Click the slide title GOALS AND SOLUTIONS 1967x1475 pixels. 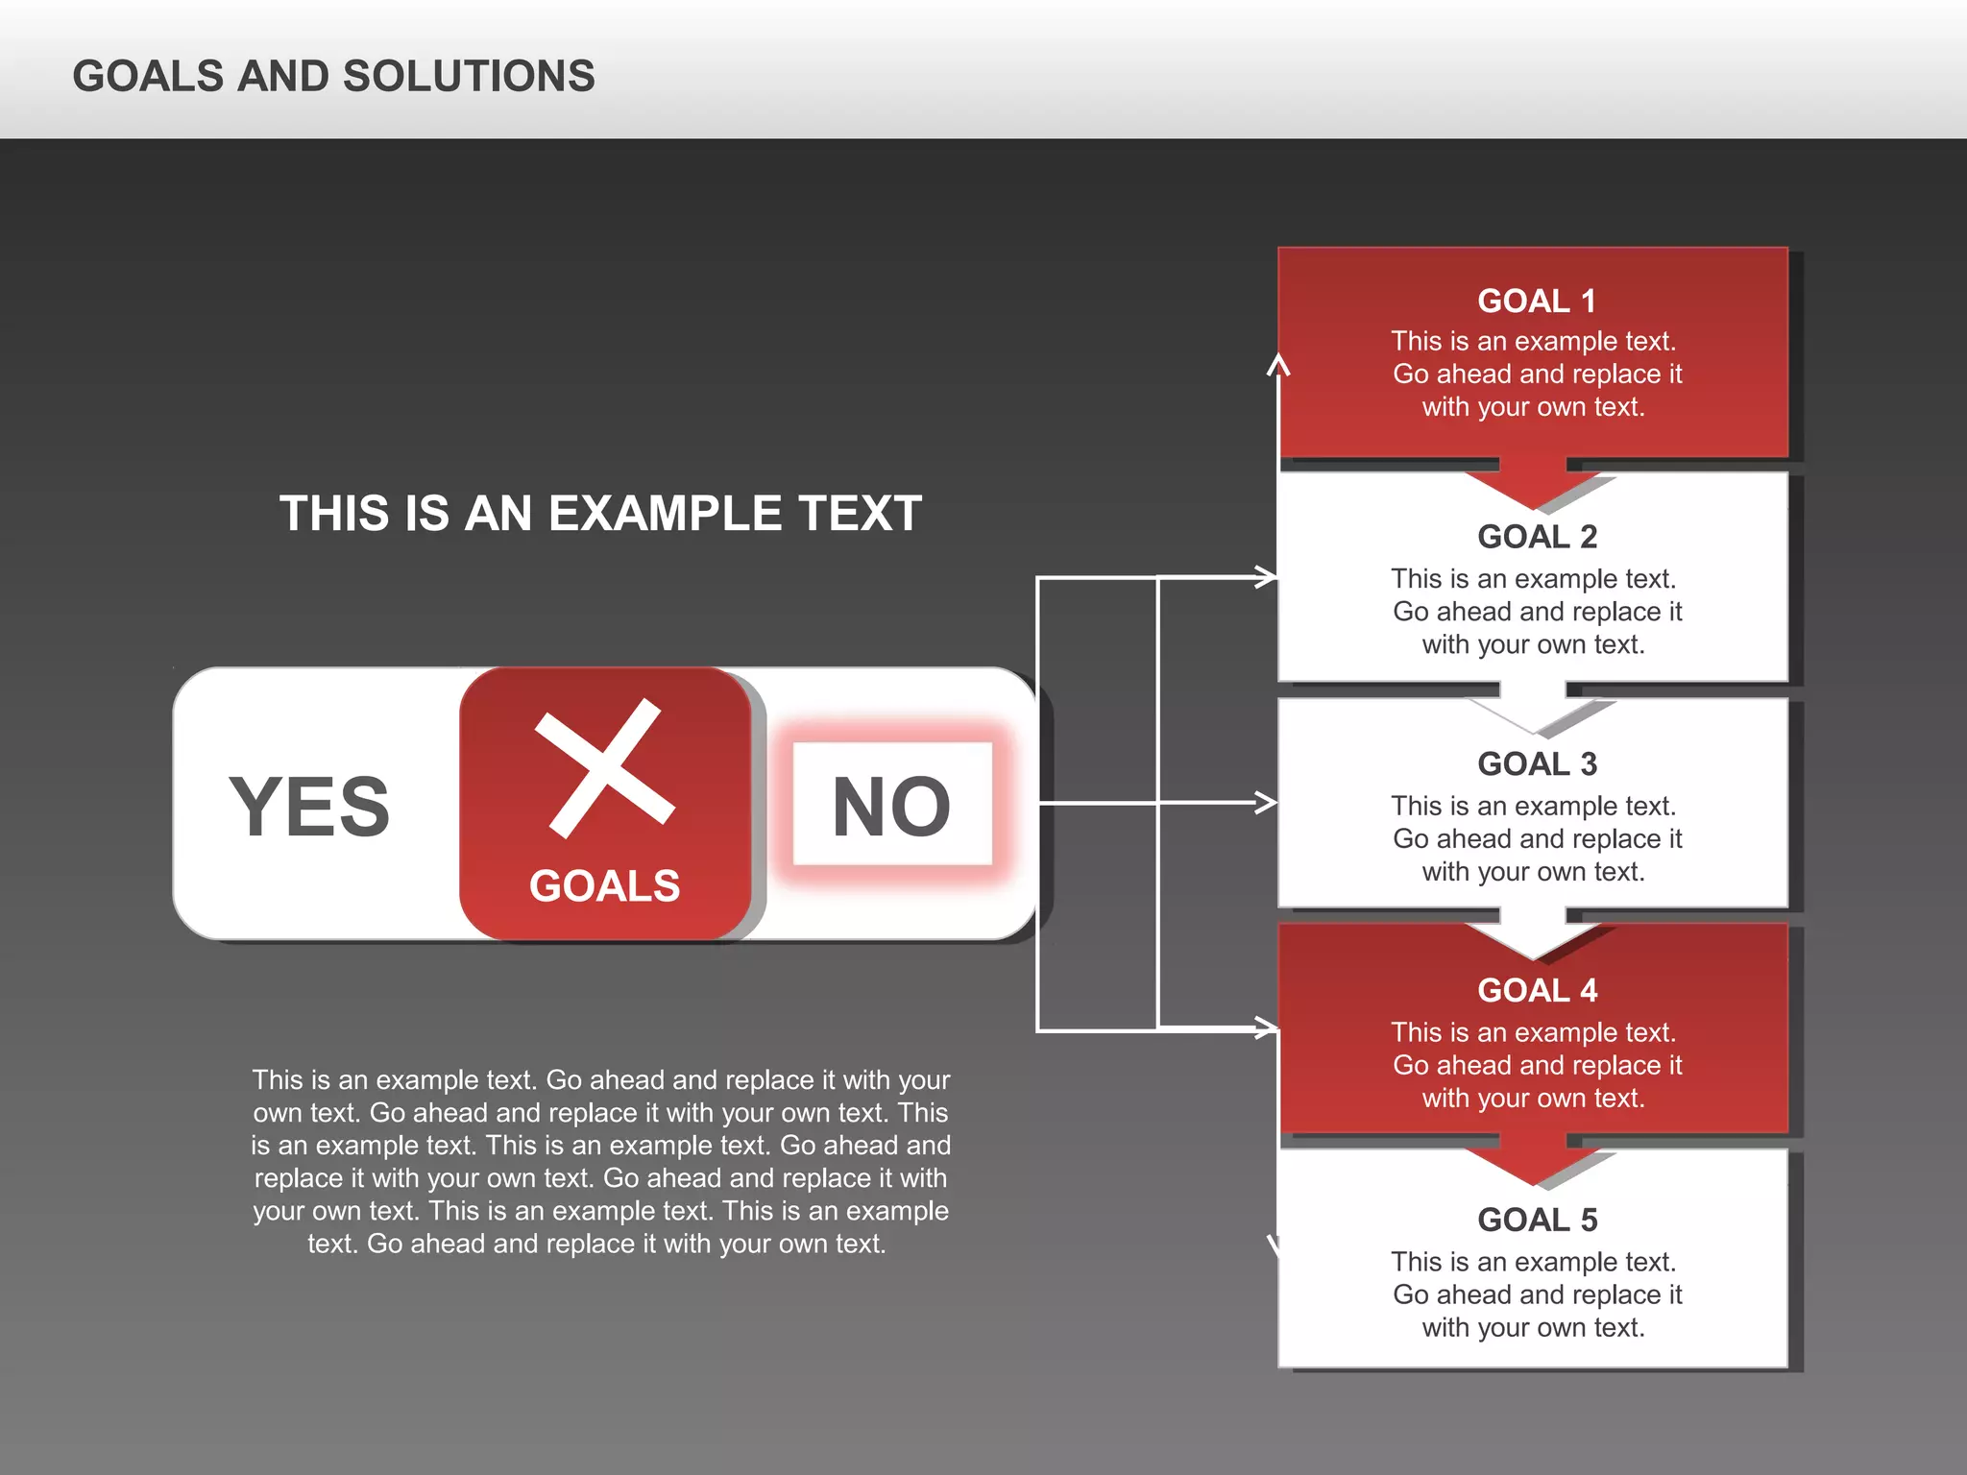333,77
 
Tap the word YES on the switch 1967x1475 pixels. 309,807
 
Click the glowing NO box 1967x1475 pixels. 892,805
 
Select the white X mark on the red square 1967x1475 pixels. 605,767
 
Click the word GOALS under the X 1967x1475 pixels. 604,885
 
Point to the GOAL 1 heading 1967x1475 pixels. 1536,302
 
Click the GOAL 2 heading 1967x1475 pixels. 1537,537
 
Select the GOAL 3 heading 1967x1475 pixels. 1537,764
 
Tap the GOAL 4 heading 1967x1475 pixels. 1537,990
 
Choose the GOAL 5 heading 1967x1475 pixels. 1537,1220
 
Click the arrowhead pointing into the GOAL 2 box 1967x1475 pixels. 1267,577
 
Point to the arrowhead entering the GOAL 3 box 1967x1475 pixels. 1267,802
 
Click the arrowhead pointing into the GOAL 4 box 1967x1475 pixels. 1268,1028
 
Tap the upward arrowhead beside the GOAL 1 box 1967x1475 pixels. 1277,366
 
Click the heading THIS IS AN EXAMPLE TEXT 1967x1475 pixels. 600,514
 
